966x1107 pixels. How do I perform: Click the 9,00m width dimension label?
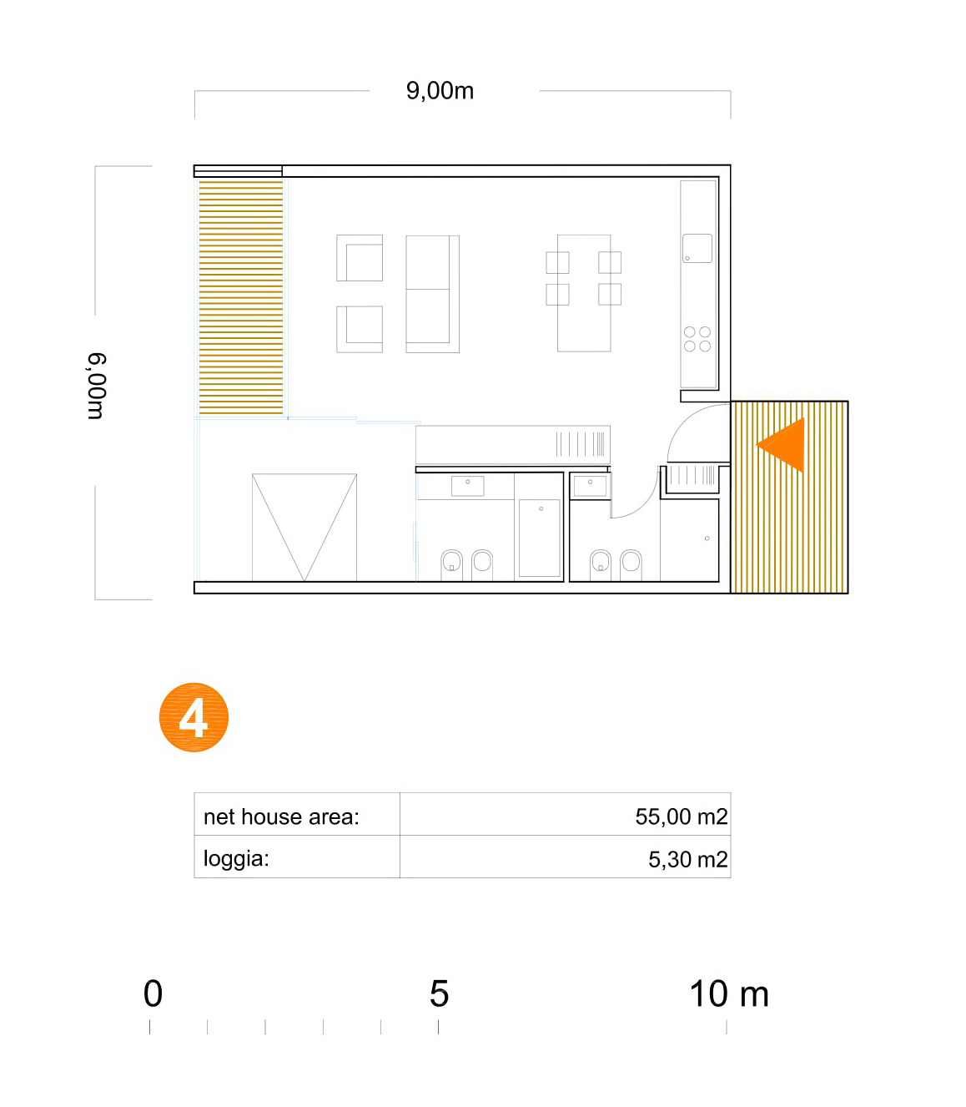pos(440,90)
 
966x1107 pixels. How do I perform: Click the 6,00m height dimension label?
pos(98,386)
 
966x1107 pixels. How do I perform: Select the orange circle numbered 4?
pos(194,717)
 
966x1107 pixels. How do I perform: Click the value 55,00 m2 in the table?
pos(681,816)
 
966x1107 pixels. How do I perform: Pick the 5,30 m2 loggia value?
pos(687,859)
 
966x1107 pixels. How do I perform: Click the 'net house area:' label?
pos(281,816)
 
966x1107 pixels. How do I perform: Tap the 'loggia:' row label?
pos(236,859)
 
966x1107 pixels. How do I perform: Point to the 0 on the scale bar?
pos(153,993)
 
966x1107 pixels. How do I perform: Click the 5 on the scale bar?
pos(439,993)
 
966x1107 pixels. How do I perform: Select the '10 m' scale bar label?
pos(729,993)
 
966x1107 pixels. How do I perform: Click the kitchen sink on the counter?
pos(697,248)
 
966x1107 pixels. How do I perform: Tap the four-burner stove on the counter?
pos(697,339)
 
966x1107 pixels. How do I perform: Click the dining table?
pos(584,293)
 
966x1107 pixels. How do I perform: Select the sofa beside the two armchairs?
pos(432,294)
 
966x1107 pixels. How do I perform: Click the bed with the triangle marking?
pos(304,528)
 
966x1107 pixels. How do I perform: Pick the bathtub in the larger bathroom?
pos(539,538)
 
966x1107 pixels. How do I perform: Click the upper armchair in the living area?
pos(360,257)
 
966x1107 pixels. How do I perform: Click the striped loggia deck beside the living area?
pos(240,297)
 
